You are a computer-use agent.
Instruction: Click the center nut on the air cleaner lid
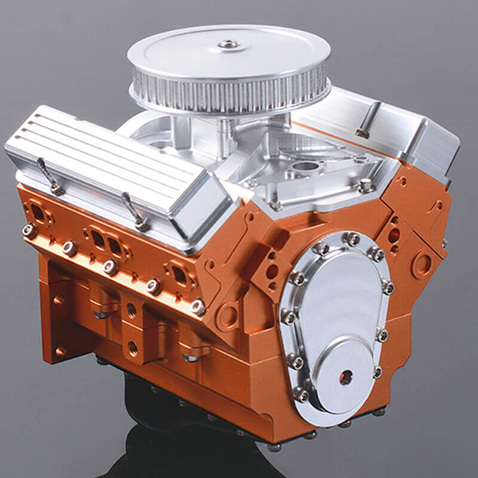(x=229, y=44)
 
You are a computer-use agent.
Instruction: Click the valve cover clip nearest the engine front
(x=135, y=212)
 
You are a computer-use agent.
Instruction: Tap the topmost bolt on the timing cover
(x=353, y=239)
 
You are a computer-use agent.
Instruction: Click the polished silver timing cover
(x=335, y=311)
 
